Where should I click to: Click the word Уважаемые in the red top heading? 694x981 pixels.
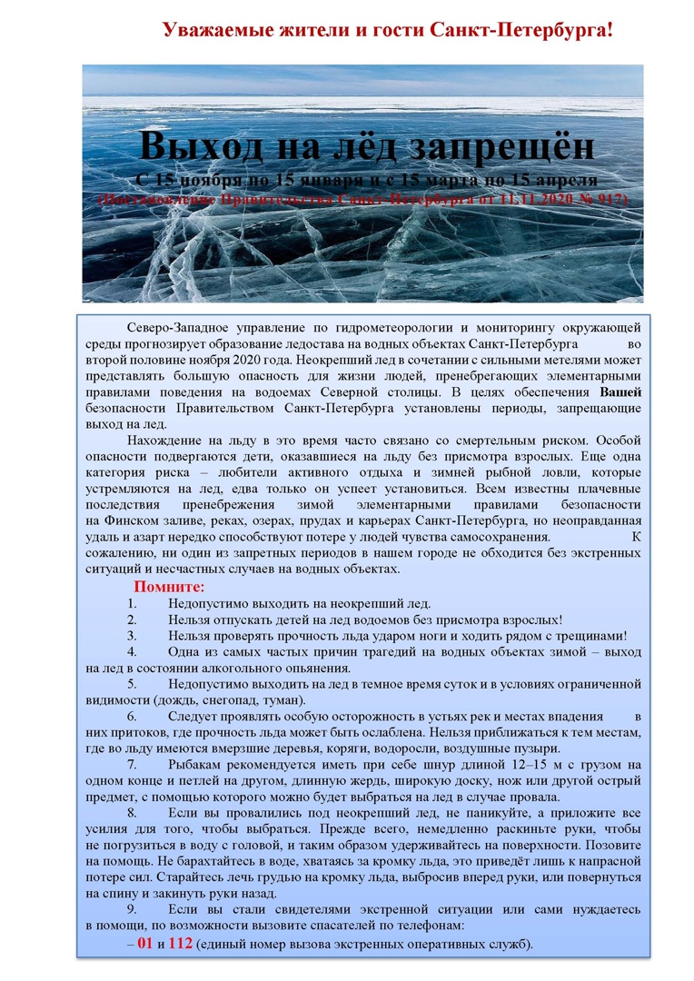click(x=214, y=30)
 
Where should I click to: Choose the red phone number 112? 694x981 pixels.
click(x=181, y=944)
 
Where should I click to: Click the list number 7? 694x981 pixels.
click(x=132, y=765)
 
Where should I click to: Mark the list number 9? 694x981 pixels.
click(x=132, y=909)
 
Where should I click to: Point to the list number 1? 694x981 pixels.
click(x=132, y=603)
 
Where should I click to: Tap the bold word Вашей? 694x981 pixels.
click(x=621, y=392)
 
